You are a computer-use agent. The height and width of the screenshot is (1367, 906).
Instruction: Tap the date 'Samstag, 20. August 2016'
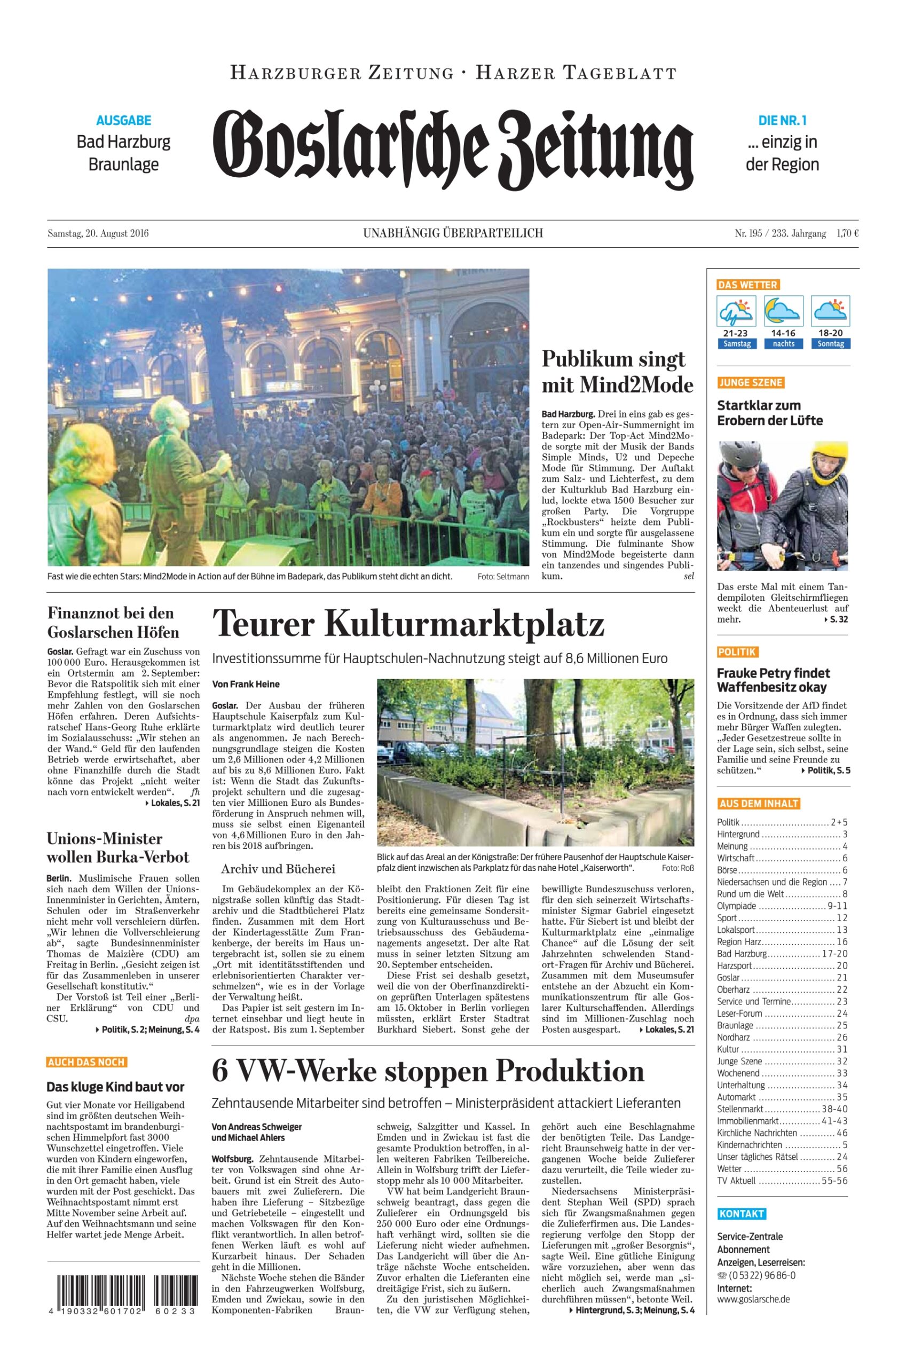tap(98, 233)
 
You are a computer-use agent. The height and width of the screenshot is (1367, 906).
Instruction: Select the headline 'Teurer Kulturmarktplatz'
tap(408, 624)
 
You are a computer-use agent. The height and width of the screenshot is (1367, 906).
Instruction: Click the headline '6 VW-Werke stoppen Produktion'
tap(428, 1072)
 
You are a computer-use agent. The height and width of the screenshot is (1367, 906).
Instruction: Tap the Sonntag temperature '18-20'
tap(830, 333)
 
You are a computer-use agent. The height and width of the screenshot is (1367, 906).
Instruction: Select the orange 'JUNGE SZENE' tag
tap(751, 382)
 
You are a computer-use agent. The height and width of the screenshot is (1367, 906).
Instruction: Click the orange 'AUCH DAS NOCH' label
tap(86, 1062)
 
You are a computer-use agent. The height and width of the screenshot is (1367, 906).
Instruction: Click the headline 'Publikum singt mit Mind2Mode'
tap(617, 372)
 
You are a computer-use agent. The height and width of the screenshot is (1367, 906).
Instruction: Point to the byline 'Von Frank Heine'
tap(246, 684)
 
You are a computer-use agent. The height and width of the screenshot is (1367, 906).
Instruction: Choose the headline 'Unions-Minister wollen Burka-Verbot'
tap(118, 847)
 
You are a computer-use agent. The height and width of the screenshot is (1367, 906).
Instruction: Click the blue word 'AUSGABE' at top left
tap(124, 121)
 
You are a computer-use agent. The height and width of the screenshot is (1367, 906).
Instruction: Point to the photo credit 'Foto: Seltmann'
tap(503, 577)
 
